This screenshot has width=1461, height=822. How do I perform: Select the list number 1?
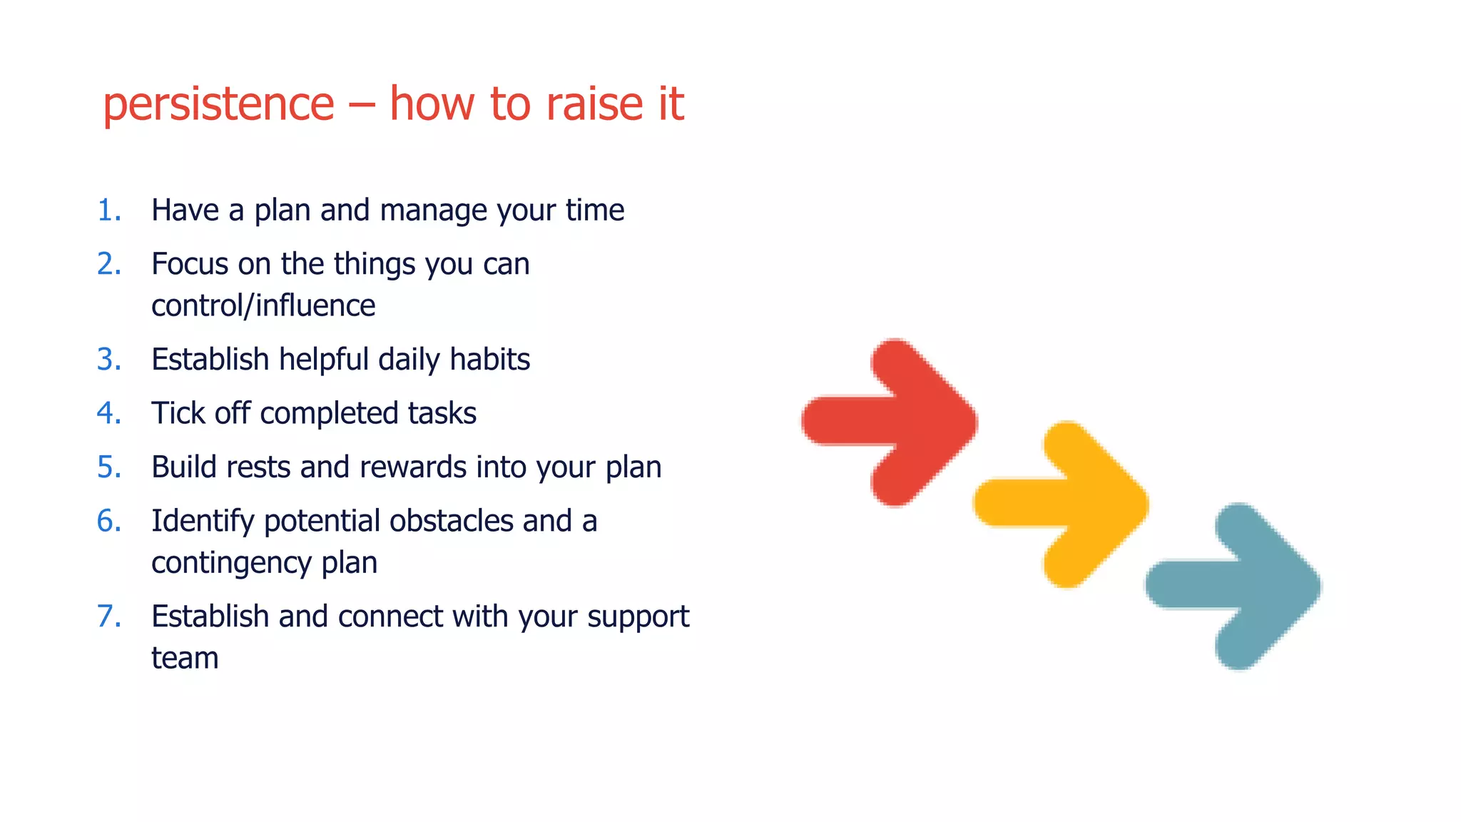pos(108,210)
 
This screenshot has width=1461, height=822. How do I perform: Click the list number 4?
pos(108,413)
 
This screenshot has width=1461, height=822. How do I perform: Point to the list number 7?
pos(108,616)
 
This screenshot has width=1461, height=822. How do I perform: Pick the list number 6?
pos(108,521)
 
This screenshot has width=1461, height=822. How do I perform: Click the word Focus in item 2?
pos(190,265)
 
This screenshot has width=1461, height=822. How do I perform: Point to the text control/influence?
pos(263,306)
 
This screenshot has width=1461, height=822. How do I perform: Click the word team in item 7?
pos(185,658)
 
